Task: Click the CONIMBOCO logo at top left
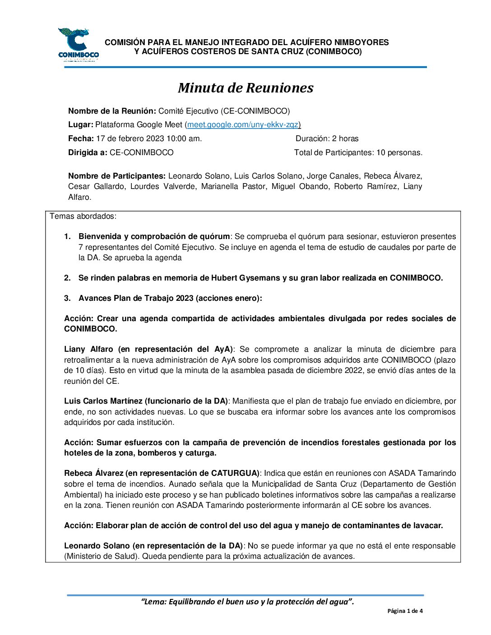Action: (78, 44)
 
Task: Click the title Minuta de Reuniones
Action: (245, 87)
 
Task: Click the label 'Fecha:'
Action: (81, 138)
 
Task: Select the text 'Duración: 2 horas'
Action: (327, 138)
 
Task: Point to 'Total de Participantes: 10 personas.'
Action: (358, 152)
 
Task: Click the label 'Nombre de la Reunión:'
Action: (112, 111)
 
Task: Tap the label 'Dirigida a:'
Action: (88, 152)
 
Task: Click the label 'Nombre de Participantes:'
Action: (117, 176)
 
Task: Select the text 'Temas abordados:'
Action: (83, 216)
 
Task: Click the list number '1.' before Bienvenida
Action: (67, 236)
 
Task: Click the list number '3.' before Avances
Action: (67, 298)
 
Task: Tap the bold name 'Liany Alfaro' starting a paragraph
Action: (88, 349)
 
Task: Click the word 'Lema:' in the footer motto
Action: (155, 602)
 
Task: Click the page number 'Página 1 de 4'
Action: (405, 611)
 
